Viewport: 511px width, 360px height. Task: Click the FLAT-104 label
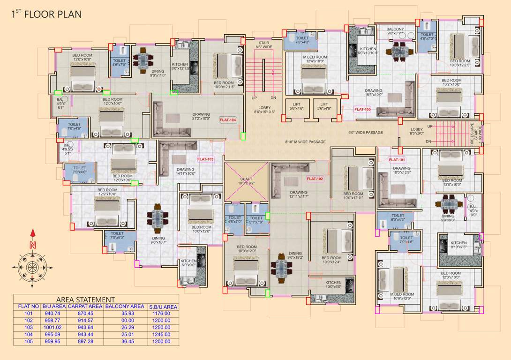click(228, 120)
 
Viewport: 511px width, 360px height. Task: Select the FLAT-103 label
click(205, 159)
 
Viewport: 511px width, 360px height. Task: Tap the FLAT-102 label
click(315, 179)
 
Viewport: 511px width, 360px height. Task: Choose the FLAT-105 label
click(362, 109)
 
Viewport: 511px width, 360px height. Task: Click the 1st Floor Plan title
click(46, 14)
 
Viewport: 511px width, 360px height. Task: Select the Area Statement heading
click(85, 300)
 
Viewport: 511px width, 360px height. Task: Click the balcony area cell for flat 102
click(125, 321)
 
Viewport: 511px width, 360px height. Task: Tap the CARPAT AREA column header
click(84, 307)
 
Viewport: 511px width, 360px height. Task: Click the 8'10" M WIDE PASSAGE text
click(305, 142)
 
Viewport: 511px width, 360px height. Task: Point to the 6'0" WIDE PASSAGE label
click(366, 133)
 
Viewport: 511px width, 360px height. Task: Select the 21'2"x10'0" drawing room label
click(201, 117)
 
